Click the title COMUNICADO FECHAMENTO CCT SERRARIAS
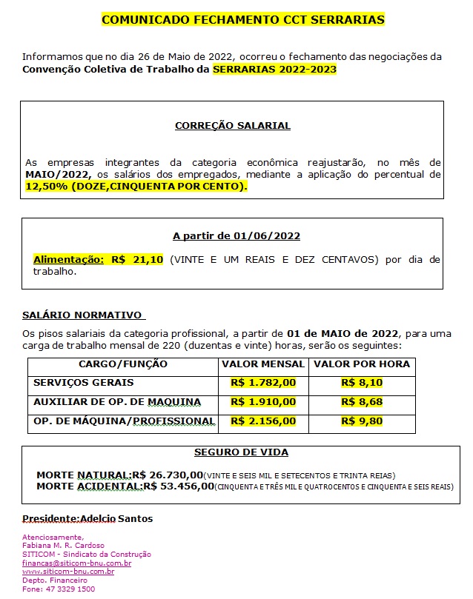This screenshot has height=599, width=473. pyautogui.click(x=242, y=20)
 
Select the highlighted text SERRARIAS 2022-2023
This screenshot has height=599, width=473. pyautogui.click(x=274, y=70)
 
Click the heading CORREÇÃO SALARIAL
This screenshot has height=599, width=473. pyautogui.click(x=233, y=126)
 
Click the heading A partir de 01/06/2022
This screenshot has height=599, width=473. pyautogui.click(x=236, y=236)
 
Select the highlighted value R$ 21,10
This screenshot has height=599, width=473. pyautogui.click(x=137, y=260)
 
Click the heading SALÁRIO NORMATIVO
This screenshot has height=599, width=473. pyautogui.click(x=82, y=315)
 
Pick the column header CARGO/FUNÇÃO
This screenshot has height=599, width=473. pyautogui.click(x=123, y=364)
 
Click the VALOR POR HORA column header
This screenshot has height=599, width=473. pyautogui.click(x=361, y=364)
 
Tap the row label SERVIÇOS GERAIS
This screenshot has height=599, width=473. pyautogui.click(x=84, y=383)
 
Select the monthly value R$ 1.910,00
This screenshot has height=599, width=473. pyautogui.click(x=263, y=402)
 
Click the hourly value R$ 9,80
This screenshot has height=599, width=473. pyautogui.click(x=361, y=421)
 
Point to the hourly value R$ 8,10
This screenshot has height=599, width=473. pyautogui.click(x=361, y=383)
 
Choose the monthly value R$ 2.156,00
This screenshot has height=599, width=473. pyautogui.click(x=263, y=421)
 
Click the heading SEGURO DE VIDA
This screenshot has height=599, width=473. pyautogui.click(x=241, y=452)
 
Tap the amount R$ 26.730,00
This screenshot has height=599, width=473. pyautogui.click(x=168, y=475)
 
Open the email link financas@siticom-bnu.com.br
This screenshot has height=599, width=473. pyautogui.click(x=76, y=563)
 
